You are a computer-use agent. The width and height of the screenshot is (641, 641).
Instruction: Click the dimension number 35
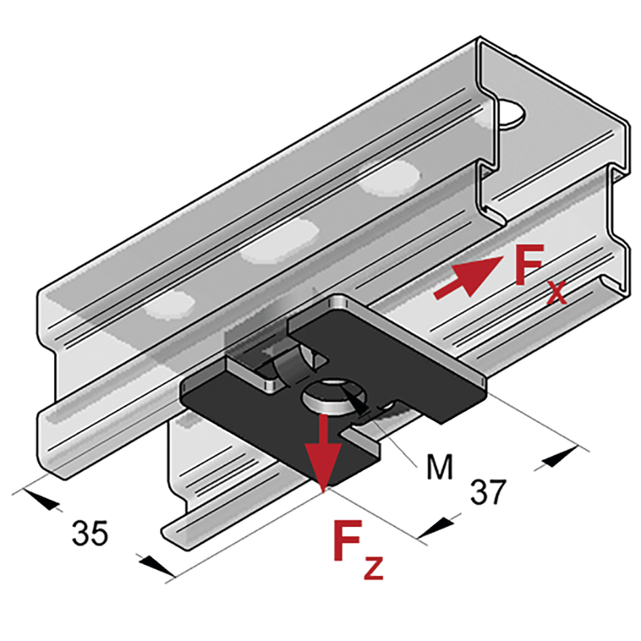point(90,532)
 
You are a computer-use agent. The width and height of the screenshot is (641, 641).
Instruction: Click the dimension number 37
point(488,492)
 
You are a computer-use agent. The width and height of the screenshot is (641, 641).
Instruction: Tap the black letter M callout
point(440,467)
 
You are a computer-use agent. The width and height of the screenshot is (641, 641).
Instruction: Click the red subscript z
point(373,567)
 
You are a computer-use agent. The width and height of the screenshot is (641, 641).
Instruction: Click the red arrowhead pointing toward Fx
point(480,274)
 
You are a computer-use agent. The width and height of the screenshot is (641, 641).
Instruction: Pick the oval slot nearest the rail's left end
point(170,305)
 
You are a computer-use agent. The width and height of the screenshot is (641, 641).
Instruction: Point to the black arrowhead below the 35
point(156,566)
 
